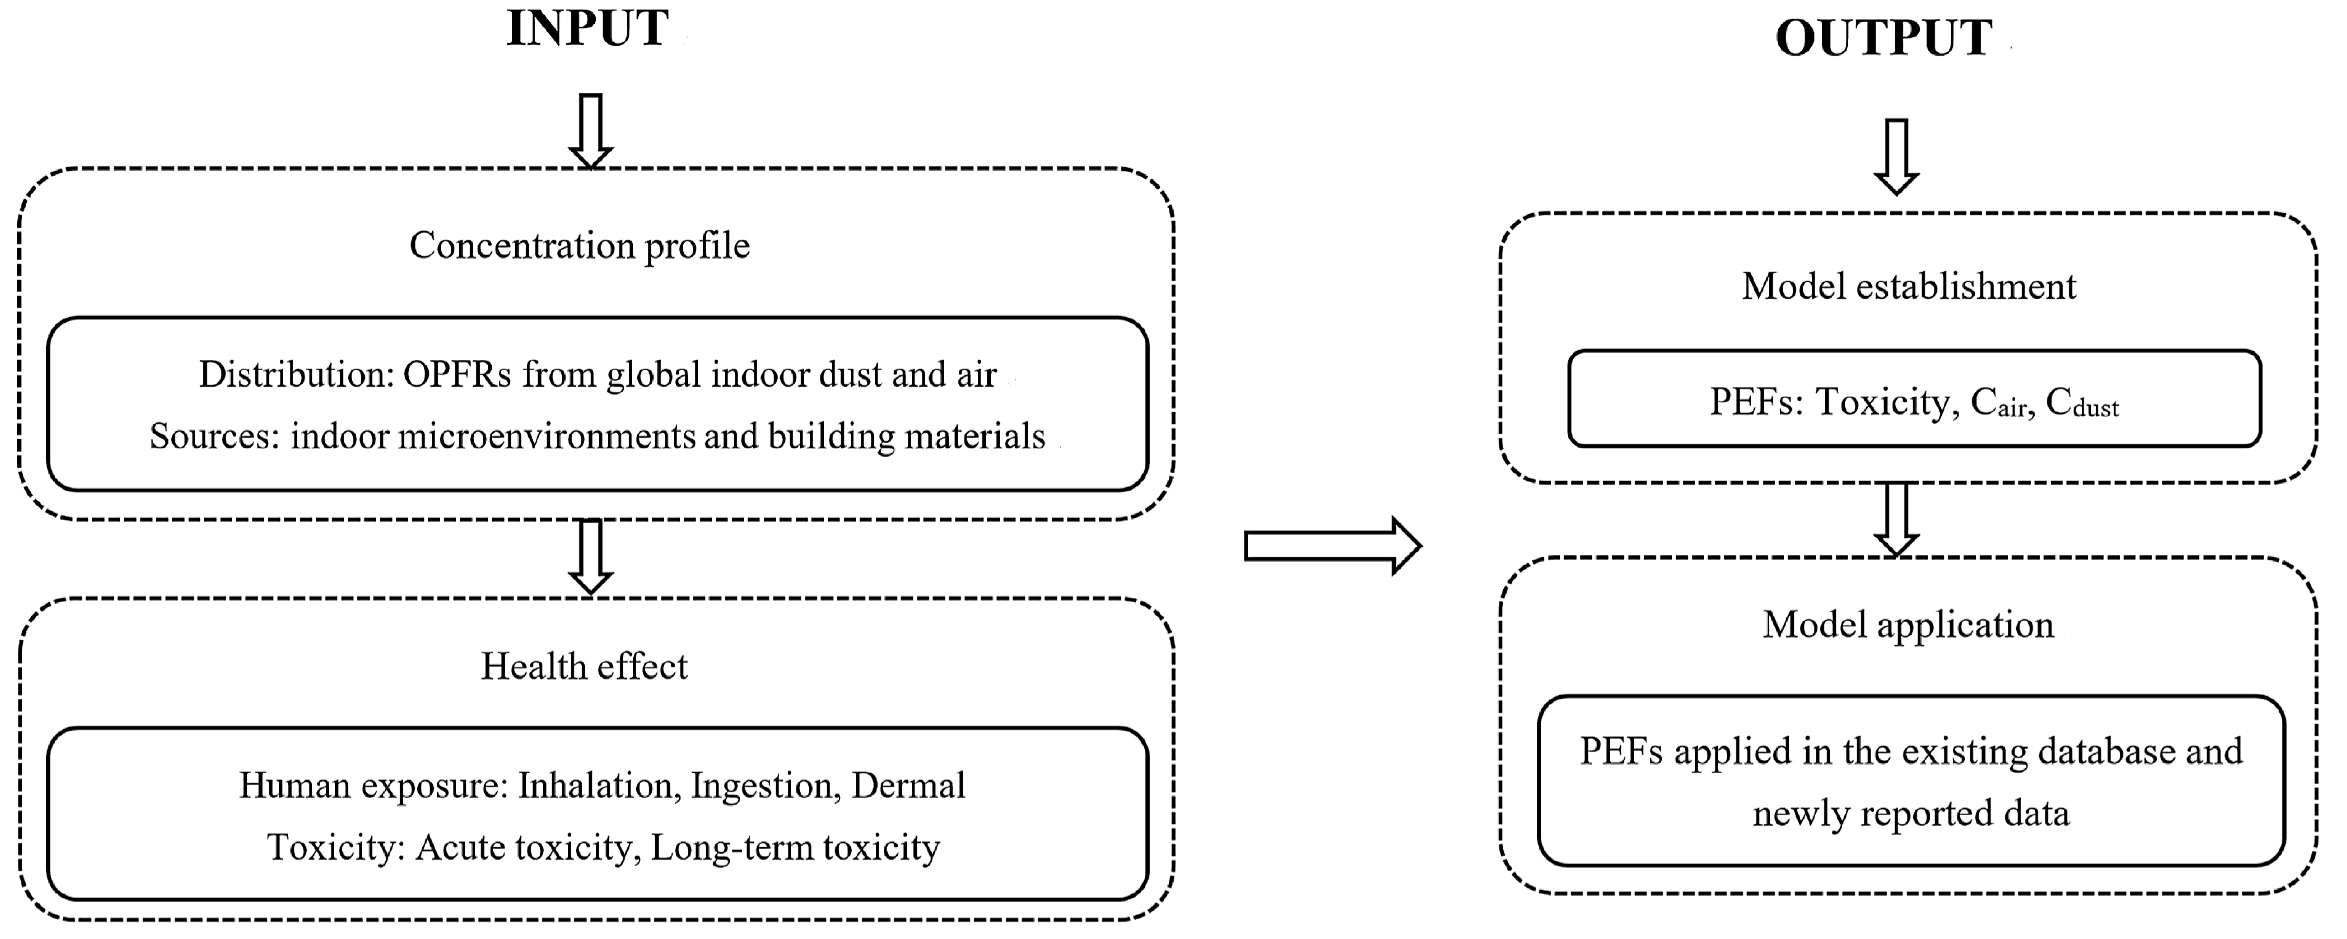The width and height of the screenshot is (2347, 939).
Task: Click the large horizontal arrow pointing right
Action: (x=1332, y=546)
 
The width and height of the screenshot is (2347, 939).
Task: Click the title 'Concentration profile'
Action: (x=579, y=245)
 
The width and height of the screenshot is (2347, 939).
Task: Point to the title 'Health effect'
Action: (x=584, y=666)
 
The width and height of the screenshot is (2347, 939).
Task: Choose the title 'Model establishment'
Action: (x=1909, y=286)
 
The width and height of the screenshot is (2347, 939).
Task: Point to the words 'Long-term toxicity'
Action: (x=794, y=847)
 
